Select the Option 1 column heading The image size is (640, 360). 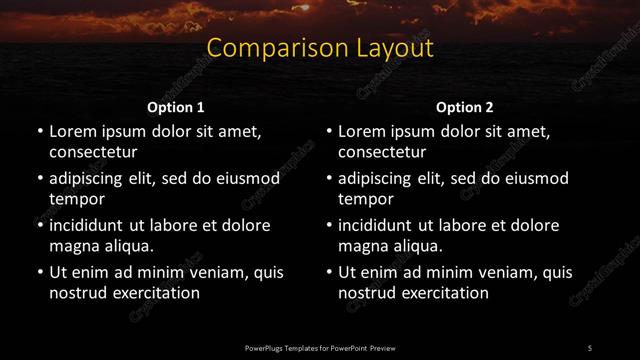pyautogui.click(x=176, y=107)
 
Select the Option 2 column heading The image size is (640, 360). pyautogui.click(x=465, y=107)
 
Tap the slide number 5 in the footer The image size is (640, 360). pyautogui.click(x=590, y=347)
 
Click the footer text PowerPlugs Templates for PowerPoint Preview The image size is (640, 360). pyautogui.click(x=320, y=347)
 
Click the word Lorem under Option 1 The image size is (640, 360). pyautogui.click(x=73, y=131)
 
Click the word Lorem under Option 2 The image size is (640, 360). pyautogui.click(x=363, y=131)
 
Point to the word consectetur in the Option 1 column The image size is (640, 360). pyautogui.click(x=93, y=152)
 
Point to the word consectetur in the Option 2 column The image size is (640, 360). pyautogui.click(x=383, y=152)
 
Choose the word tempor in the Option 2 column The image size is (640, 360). pyautogui.click(x=364, y=199)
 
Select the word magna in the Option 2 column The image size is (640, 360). pyautogui.click(x=362, y=246)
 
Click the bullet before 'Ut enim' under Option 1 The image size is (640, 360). pyautogui.click(x=39, y=272)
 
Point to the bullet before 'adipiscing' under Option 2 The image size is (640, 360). pyautogui.click(x=329, y=178)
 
